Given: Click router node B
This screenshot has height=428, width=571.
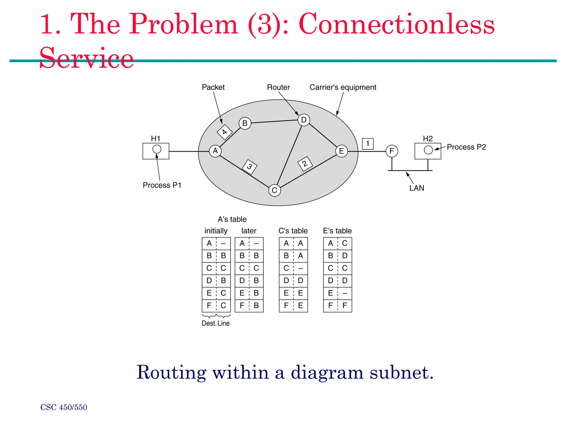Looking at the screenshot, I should click(x=245, y=123).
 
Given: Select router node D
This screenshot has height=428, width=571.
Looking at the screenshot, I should click(x=304, y=120).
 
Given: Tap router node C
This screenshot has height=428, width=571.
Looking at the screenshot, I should click(x=274, y=190).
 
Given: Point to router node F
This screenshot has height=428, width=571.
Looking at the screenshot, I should click(x=392, y=151).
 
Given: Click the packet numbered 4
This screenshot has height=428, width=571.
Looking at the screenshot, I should click(x=224, y=132).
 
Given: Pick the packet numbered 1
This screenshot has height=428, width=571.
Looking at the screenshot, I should click(x=367, y=144).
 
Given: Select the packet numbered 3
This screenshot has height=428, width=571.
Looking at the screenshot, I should click(x=250, y=167).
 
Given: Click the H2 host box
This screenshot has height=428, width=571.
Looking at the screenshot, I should click(x=427, y=151).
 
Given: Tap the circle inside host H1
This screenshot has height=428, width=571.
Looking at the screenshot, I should click(x=157, y=149).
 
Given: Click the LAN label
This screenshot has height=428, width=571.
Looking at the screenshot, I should click(x=417, y=188).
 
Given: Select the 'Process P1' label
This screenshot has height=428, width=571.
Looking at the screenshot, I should click(x=162, y=185).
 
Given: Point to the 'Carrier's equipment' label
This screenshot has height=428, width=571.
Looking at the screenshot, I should click(x=343, y=87).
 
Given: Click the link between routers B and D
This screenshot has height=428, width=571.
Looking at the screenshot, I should click(x=274, y=121).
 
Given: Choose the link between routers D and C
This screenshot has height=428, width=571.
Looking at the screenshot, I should click(x=289, y=155).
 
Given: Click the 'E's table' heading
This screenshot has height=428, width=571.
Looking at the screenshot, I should click(x=337, y=231).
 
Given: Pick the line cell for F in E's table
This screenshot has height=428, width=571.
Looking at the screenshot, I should click(x=345, y=306).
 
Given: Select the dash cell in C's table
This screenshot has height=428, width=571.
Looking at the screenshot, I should click(x=300, y=268).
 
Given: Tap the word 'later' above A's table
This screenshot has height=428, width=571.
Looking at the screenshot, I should click(x=249, y=231).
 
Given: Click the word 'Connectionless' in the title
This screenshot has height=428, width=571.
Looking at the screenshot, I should click(x=396, y=25).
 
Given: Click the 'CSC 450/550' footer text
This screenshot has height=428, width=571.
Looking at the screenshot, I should click(x=64, y=407).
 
